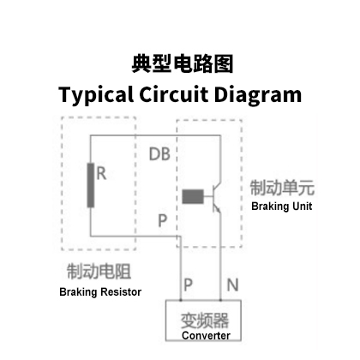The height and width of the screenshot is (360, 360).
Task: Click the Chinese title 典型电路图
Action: [183, 63]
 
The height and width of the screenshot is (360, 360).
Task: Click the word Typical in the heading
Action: [96, 95]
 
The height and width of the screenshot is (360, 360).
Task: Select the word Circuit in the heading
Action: [173, 93]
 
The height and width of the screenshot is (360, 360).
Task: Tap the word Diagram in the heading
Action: [258, 95]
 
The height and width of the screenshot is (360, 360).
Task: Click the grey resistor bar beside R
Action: [91, 185]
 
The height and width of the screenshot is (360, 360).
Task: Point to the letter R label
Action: [101, 173]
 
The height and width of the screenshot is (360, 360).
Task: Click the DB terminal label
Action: [159, 154]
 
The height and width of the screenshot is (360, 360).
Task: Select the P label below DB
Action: [162, 220]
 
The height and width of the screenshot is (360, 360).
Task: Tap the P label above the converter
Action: [188, 285]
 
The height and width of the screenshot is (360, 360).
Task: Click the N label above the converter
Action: [232, 285]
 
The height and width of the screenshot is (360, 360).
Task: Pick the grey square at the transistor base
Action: [193, 196]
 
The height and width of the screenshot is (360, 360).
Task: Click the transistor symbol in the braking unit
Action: [217, 197]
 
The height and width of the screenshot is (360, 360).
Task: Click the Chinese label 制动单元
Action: [282, 188]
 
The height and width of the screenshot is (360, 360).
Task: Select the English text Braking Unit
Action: [282, 207]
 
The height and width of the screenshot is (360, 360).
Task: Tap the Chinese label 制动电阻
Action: [99, 271]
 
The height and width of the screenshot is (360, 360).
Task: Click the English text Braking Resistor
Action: [100, 292]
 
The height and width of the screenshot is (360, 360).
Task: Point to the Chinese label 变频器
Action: [205, 321]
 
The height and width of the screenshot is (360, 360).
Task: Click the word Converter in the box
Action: [206, 335]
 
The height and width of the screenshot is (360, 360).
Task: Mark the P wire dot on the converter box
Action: [181, 300]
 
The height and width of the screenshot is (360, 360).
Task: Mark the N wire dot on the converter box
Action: [220, 300]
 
